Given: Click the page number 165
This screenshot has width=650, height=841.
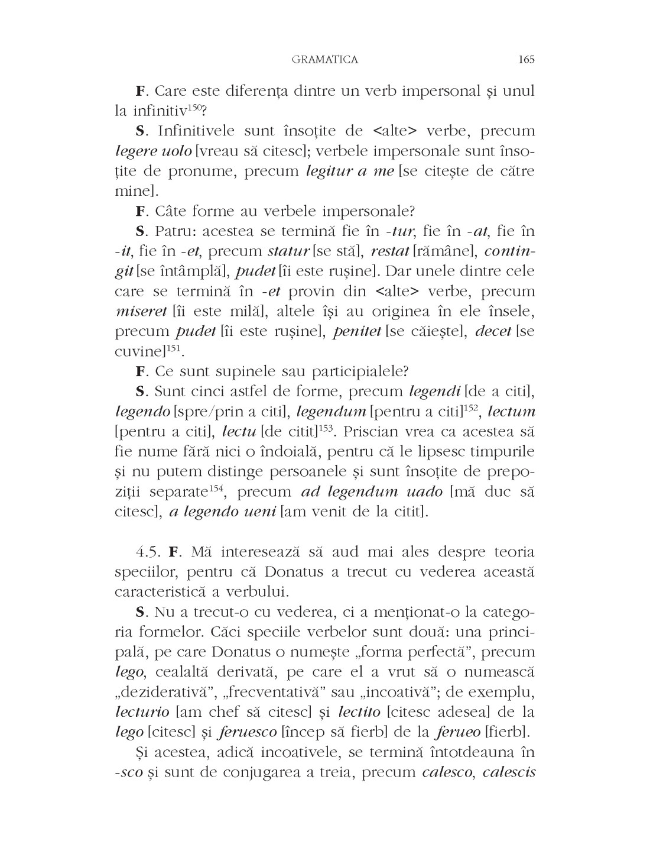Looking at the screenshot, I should pos(525,59).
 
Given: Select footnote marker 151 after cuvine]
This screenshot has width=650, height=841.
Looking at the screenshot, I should pos(172,348).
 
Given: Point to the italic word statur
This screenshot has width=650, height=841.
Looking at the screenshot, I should pos(288,251).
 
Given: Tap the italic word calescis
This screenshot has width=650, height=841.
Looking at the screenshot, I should pos(508,772).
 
